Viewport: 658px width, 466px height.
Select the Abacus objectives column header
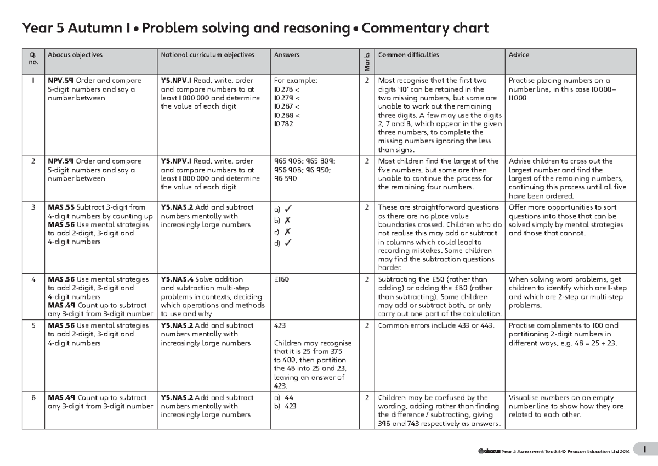75,55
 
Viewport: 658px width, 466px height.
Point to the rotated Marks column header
367,61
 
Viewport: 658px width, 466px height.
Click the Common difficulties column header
409,55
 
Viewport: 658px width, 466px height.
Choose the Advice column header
519,55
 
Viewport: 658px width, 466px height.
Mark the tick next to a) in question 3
288,209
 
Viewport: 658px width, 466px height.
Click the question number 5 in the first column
34,325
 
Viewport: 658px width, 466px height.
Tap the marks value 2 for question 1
367,81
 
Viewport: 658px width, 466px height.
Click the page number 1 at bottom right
645,450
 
